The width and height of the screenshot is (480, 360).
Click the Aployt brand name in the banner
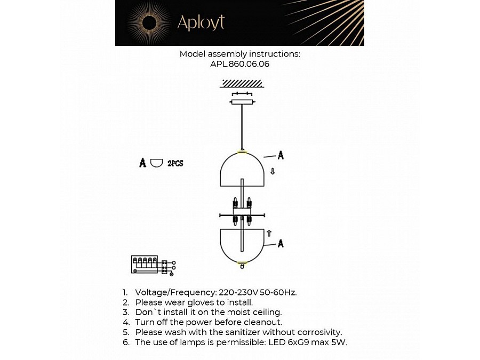point(201,23)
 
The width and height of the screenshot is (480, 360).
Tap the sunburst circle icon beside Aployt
point(149,23)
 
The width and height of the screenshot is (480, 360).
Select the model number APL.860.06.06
point(239,63)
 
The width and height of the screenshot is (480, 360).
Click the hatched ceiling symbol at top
point(242,83)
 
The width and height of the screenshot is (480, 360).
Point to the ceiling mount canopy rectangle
point(243,101)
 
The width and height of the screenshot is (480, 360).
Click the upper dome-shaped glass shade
point(242,169)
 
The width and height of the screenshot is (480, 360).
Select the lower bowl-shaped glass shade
point(242,244)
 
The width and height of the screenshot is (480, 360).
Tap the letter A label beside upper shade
point(281,155)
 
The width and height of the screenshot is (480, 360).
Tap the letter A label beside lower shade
point(281,244)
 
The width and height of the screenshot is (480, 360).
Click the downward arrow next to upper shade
point(273,171)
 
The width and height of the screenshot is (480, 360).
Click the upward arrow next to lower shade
point(269,233)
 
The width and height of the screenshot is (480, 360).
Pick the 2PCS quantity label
point(175,163)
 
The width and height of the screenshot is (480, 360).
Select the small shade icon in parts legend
point(156,163)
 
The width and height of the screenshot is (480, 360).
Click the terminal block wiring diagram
point(151,265)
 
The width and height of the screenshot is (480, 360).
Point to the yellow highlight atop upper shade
point(242,152)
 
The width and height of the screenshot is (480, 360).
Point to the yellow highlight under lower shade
point(242,262)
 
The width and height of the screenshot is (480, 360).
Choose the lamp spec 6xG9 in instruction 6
point(291,342)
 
